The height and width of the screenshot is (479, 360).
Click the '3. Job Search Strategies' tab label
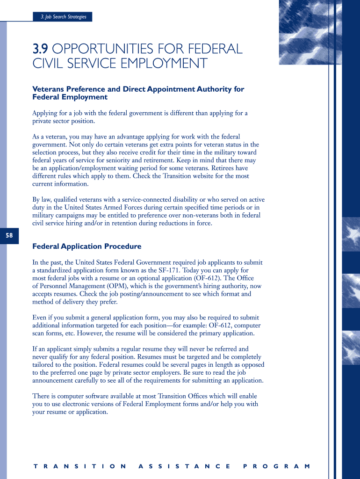(63, 17)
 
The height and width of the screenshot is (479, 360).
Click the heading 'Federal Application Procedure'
(86, 247)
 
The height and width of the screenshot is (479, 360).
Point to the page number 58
(9, 236)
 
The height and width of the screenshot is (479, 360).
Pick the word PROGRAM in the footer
(276, 466)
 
